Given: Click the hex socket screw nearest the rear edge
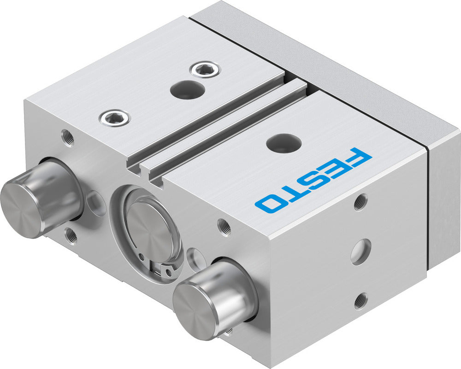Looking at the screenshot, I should click(205, 70).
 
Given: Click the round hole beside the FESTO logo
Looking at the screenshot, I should click(281, 143).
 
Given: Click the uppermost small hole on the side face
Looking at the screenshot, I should click(361, 202).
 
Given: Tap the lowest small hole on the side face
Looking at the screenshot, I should click(360, 301).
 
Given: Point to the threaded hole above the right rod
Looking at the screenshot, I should click(225, 226).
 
